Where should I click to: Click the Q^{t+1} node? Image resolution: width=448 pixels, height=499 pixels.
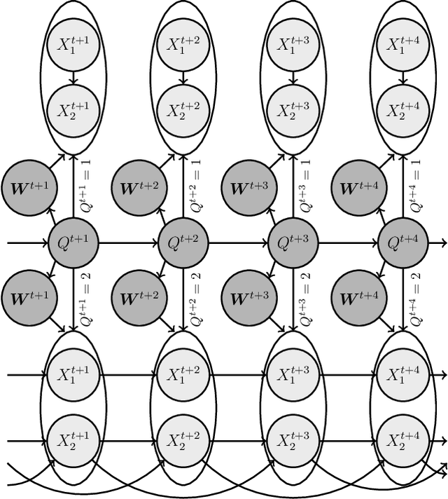click(x=73, y=243)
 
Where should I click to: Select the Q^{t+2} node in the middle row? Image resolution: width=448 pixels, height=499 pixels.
click(x=184, y=243)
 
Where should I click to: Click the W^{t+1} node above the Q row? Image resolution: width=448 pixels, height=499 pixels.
click(x=27, y=187)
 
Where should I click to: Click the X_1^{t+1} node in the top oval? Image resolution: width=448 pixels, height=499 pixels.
click(x=73, y=44)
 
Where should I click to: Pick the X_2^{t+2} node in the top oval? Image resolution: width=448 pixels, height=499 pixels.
click(x=184, y=110)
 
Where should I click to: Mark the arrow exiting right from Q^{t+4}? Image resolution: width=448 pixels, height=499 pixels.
click(x=439, y=243)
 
